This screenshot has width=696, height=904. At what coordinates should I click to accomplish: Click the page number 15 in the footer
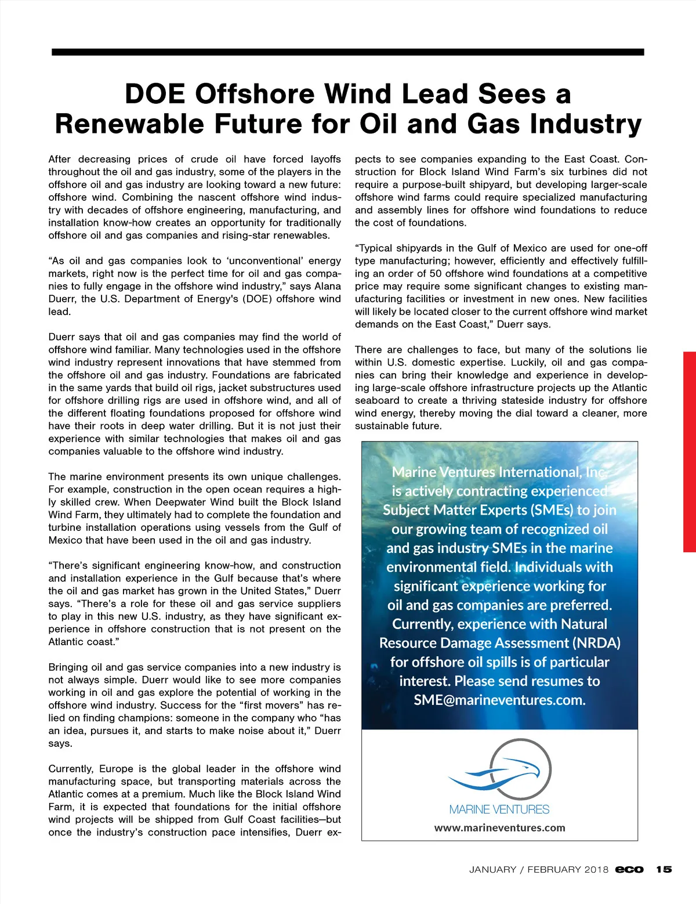664,869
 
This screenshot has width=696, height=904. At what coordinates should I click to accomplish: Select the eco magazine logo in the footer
629,869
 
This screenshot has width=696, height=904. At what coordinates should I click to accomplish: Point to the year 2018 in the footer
596,869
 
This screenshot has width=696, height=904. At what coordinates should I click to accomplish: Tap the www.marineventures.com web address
499,828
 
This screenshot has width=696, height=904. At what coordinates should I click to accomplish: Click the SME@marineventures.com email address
499,700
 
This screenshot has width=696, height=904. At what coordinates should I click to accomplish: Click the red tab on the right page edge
690,451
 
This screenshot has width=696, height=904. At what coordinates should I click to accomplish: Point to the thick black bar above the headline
348,52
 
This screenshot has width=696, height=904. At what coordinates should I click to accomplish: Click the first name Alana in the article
328,286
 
